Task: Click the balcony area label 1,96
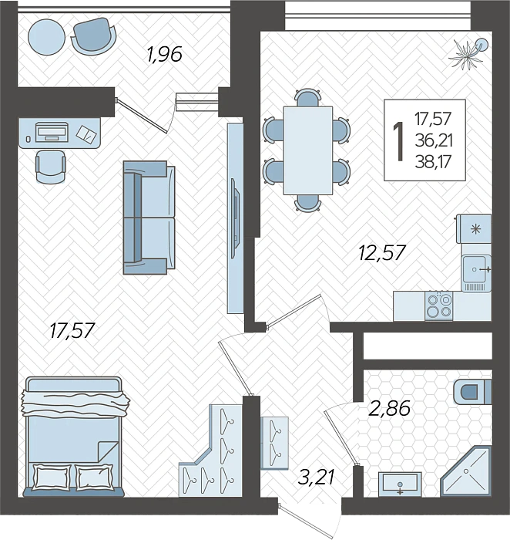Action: pos(164,55)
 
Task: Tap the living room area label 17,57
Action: pos(72,331)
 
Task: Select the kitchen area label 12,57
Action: pos(382,252)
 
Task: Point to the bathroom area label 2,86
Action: pos(389,409)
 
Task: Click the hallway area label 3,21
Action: pos(316,478)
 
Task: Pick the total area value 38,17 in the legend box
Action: pos(433,162)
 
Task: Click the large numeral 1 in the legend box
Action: pos(399,141)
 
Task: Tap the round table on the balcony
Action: pos(46,35)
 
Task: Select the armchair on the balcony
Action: pos(94,35)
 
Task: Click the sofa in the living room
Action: pos(149,218)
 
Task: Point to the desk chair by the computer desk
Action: pos(51,167)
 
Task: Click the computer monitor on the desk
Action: pos(52,132)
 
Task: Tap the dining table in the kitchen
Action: pos(308,150)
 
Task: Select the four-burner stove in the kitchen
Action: pos(439,306)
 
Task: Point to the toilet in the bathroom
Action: pos(472,392)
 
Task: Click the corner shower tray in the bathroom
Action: pos(466,471)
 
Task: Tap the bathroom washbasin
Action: pos(400,484)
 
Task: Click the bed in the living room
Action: pos(74,437)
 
